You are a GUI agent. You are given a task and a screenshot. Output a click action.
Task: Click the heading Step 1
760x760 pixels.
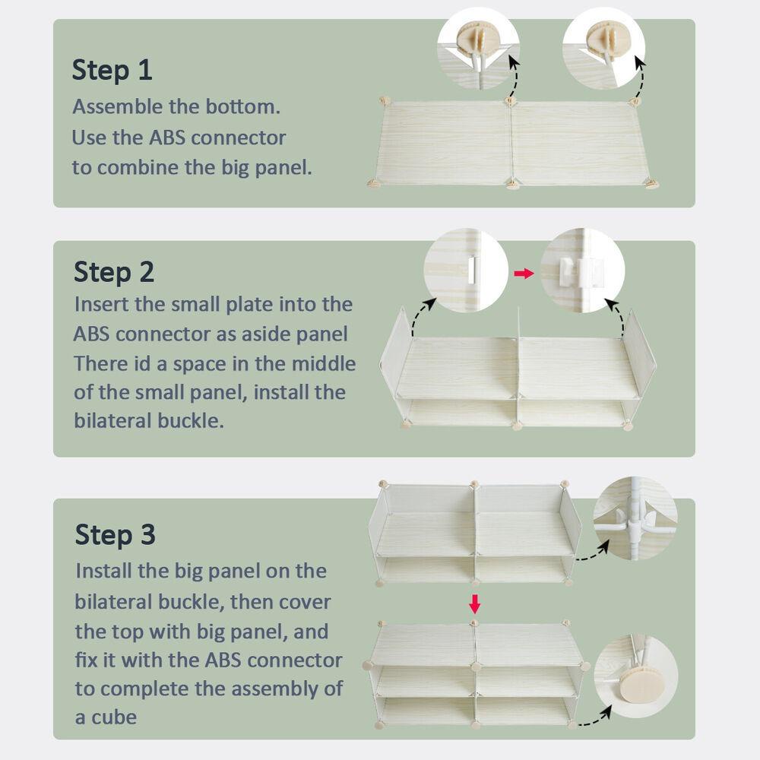pos(112,70)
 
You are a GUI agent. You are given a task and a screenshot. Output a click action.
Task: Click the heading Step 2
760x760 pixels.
pos(114,271)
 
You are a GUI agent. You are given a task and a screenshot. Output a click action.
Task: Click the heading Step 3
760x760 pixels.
pos(115,534)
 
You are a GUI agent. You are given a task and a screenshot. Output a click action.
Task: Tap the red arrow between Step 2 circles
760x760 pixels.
pos(524,274)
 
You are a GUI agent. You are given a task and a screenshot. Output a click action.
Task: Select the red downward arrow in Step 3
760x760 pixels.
pos(475,604)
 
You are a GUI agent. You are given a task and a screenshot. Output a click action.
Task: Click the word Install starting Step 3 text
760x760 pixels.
pos(103,571)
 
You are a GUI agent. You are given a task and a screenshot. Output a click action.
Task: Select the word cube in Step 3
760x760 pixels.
pos(114,717)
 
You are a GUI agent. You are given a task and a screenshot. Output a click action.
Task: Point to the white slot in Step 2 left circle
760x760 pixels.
pos(472,270)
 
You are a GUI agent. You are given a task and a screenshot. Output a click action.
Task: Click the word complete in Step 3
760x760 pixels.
pos(144,689)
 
